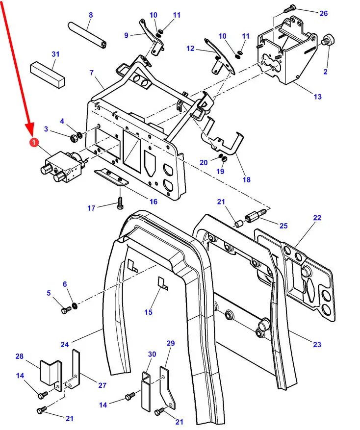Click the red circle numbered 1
33,143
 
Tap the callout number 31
55,53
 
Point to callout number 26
323,13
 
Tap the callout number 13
317,97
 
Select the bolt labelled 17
120,203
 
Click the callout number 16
154,202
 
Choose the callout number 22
317,218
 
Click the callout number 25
283,226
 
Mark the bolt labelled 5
66,310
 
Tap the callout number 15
148,312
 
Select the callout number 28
20,356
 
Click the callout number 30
152,354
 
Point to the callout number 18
246,179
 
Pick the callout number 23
317,344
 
